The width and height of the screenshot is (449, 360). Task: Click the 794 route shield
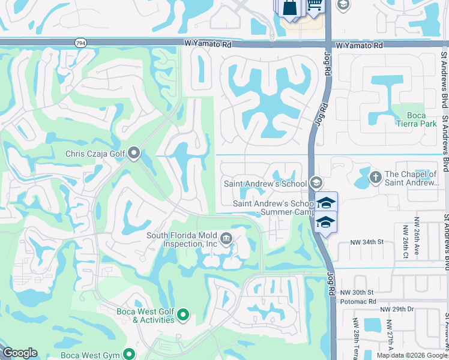[80, 43]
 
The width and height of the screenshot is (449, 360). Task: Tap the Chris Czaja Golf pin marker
[133, 154]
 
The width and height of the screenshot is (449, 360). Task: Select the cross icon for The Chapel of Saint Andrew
[375, 178]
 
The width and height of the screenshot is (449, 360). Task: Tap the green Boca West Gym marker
[128, 354]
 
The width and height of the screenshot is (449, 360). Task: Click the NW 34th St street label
[367, 242]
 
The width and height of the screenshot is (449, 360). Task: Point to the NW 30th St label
[357, 292]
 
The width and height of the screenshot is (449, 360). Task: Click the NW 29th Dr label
[397, 309]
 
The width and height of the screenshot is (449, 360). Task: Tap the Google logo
[20, 353]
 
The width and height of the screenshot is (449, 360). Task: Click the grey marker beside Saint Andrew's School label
[316, 183]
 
